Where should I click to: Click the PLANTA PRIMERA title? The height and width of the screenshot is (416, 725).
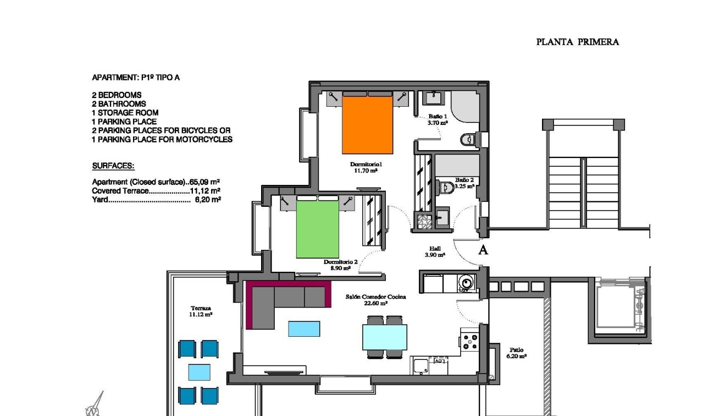point(577,42)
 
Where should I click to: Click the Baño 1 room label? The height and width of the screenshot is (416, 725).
point(438,120)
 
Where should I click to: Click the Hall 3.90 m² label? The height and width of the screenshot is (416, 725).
point(435,252)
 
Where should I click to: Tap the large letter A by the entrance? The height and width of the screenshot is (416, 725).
point(483,250)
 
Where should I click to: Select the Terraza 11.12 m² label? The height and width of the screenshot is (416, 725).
point(201,311)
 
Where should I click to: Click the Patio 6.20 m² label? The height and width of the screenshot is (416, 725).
point(516,353)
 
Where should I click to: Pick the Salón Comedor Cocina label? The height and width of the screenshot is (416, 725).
point(375,299)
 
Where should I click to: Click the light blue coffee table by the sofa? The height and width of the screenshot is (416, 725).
point(304,329)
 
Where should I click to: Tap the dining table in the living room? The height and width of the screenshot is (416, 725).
point(385,337)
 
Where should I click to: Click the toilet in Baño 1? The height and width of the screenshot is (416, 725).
point(467,140)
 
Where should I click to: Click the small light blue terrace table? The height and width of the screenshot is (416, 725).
point(199,372)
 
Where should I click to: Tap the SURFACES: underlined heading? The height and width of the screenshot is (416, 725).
point(113,166)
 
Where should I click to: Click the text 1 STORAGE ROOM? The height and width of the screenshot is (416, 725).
point(125,113)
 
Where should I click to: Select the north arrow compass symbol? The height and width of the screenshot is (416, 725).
point(95,404)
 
